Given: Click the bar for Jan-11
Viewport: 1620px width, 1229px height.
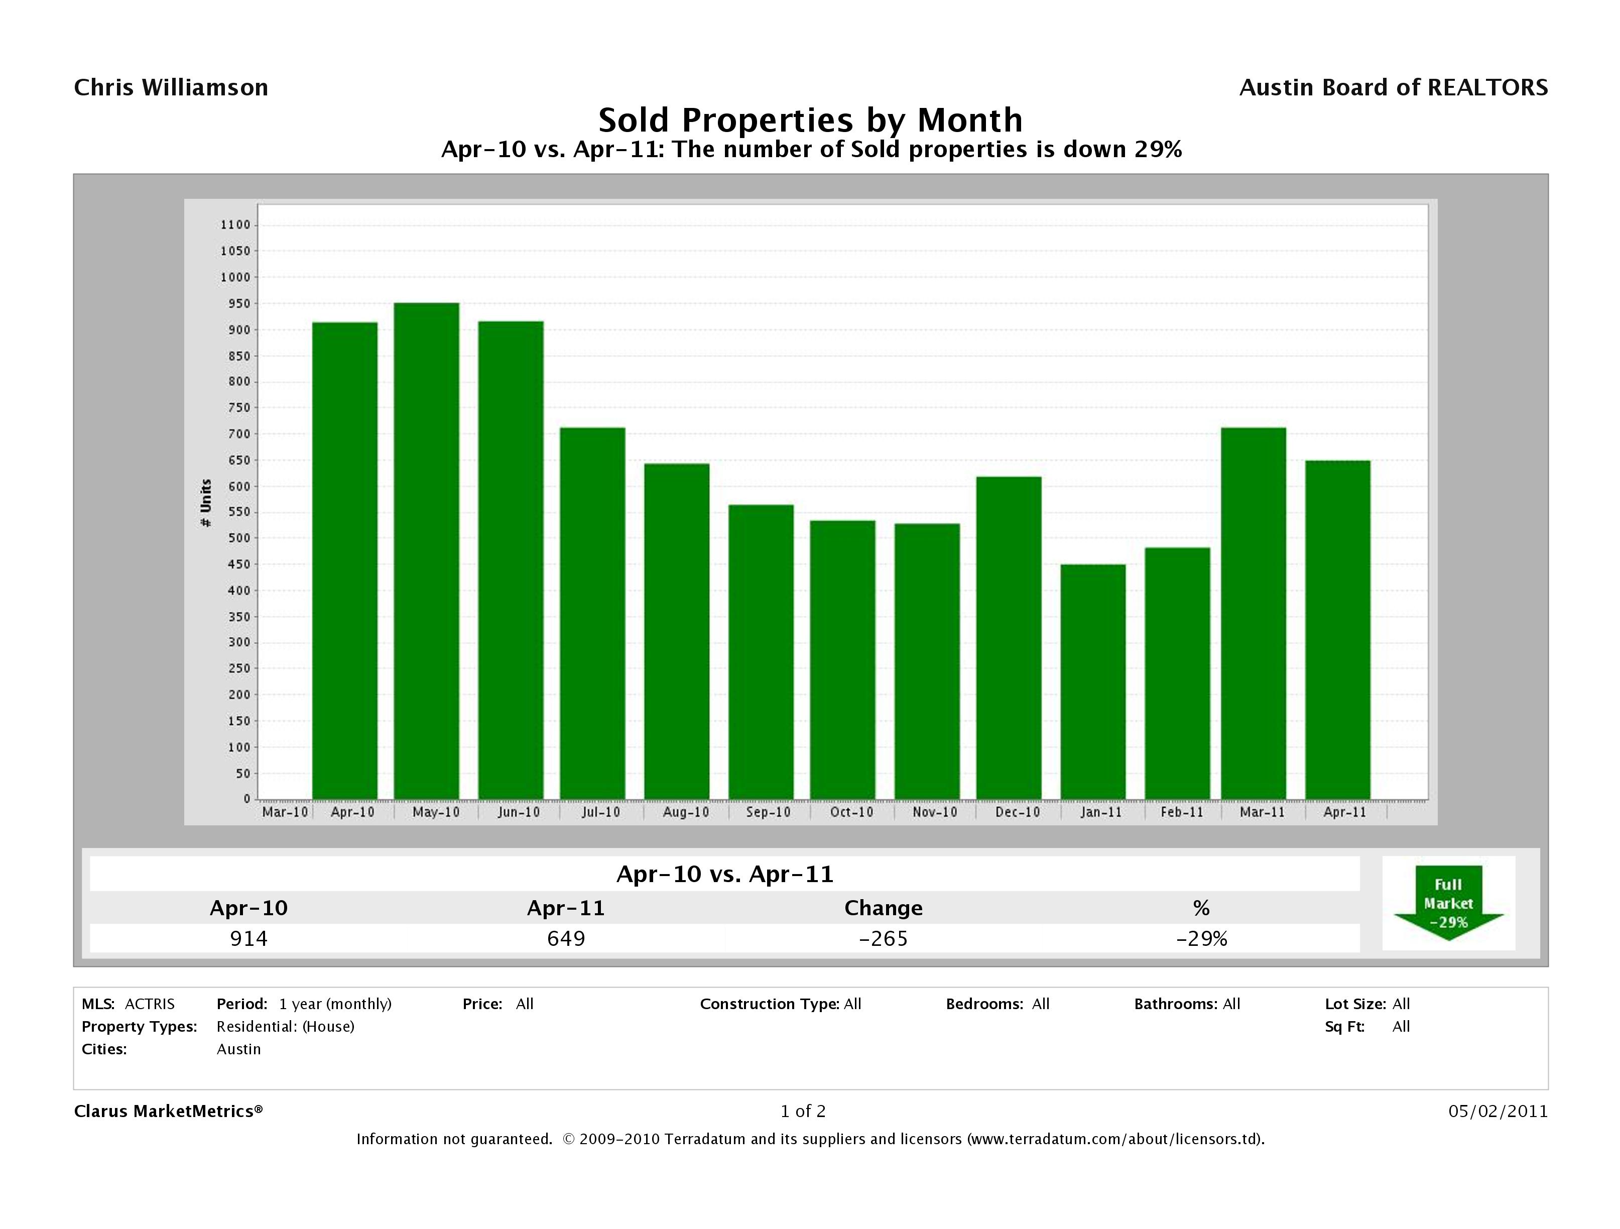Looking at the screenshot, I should [x=1093, y=681].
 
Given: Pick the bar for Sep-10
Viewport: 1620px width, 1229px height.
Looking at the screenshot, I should [x=761, y=652].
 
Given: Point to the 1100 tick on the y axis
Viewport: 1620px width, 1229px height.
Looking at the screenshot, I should [x=235, y=225].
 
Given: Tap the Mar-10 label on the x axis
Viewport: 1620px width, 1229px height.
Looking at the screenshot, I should [x=285, y=812].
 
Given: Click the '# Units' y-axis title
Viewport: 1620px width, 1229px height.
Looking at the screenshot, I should [x=206, y=503].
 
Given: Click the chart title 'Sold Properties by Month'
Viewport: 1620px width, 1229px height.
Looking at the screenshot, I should [x=811, y=120].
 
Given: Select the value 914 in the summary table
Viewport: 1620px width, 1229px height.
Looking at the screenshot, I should [x=249, y=938].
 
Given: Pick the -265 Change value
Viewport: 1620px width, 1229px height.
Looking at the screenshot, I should [x=883, y=938].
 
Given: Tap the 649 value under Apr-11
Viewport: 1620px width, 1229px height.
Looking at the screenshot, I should [x=566, y=938].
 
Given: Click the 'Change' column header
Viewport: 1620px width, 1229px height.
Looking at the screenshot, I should [x=883, y=908].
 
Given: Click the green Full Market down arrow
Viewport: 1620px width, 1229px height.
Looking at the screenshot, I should [x=1448, y=903].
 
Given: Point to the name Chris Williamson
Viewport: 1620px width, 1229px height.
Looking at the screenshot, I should [x=171, y=88].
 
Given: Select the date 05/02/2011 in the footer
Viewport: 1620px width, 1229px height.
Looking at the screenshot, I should [x=1498, y=1111].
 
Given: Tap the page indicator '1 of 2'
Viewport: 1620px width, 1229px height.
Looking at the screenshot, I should [x=803, y=1111].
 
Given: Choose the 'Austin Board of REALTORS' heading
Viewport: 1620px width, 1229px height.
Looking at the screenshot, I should [x=1393, y=88].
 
